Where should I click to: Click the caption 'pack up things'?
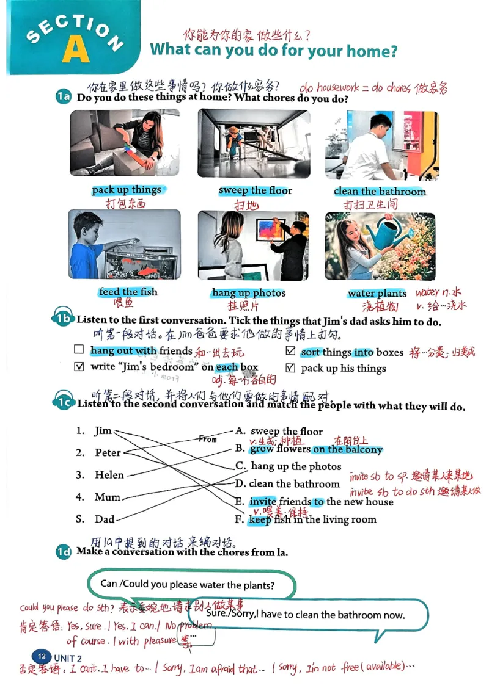pyautogui.click(x=127, y=190)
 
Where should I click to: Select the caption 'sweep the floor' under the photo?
pyautogui.click(x=255, y=190)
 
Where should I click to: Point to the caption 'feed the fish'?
pyautogui.click(x=128, y=292)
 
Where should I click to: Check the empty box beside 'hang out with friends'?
pyautogui.click(x=78, y=350)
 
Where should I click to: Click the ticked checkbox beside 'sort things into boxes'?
pyautogui.click(x=290, y=352)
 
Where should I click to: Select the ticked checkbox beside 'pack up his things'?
pyautogui.click(x=290, y=368)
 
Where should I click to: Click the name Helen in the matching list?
pyautogui.click(x=109, y=475)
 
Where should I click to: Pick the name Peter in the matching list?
pyautogui.click(x=108, y=453)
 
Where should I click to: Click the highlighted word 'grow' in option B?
pyautogui.click(x=262, y=449)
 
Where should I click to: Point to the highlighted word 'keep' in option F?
pyautogui.click(x=259, y=520)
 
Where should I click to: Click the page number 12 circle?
pyautogui.click(x=42, y=656)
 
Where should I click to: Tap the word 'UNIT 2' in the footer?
pyautogui.click(x=67, y=658)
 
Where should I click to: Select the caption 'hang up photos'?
pyautogui.click(x=249, y=293)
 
